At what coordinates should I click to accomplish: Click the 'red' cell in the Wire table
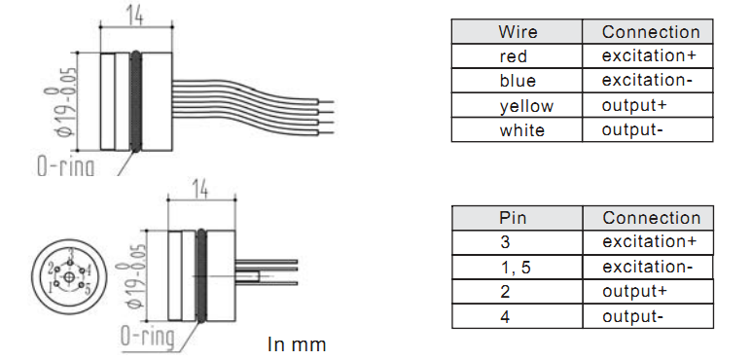coord(517,56)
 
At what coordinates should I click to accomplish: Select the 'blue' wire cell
coord(517,81)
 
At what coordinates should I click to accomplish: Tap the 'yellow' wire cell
coord(517,105)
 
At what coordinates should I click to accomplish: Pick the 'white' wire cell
coord(517,129)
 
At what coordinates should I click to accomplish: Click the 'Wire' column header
coord(517,32)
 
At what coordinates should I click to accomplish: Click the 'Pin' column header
coord(518,218)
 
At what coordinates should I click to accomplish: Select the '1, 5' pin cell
coord(518,268)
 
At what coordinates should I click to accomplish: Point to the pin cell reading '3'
coord(518,242)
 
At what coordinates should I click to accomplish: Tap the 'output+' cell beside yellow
coord(648,105)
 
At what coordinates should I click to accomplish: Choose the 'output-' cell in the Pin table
coord(648,316)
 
